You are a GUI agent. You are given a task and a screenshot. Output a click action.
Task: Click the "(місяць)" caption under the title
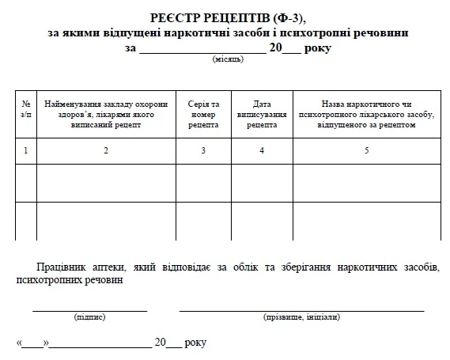point(227,60)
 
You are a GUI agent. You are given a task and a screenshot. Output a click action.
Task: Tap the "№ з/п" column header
point(26,108)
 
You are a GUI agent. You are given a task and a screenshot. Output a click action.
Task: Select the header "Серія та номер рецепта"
point(203,114)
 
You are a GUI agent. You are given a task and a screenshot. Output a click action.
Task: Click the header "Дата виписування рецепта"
point(261,114)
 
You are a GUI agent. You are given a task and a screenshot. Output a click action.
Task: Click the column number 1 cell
point(26,150)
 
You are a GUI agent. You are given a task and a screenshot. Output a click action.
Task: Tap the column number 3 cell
point(203,150)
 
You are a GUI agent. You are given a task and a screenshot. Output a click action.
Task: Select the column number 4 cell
point(261,150)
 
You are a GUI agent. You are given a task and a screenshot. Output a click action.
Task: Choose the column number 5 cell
point(366,150)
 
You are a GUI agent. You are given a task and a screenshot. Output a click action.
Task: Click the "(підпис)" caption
point(89,316)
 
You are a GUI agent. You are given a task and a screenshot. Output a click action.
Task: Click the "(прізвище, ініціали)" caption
point(301,316)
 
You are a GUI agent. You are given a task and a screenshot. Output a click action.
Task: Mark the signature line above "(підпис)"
point(89,309)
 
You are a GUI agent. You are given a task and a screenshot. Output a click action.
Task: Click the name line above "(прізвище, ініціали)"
point(301,309)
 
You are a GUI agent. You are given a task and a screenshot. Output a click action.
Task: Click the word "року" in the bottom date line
point(195,343)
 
